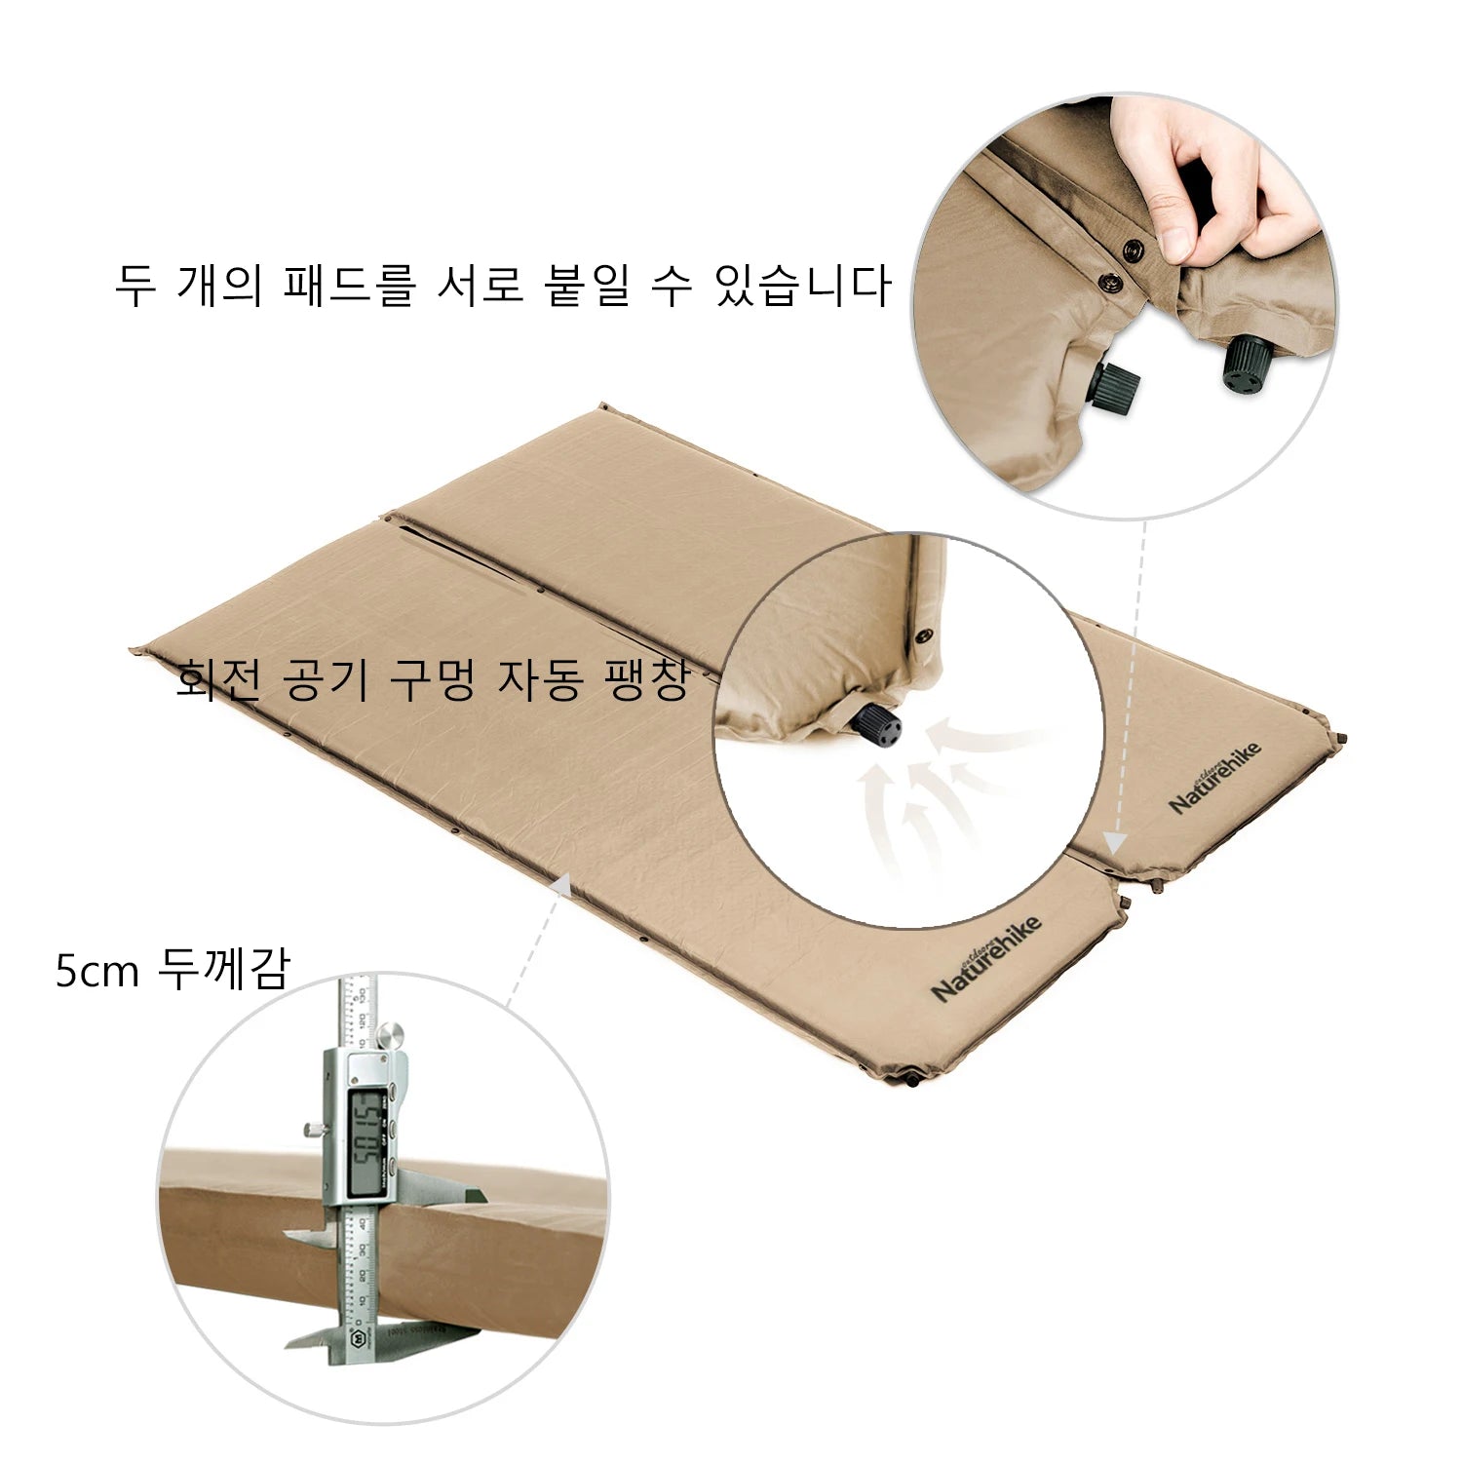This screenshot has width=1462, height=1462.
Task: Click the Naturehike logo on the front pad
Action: tap(986, 958)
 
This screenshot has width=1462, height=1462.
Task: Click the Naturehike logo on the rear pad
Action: tap(1215, 776)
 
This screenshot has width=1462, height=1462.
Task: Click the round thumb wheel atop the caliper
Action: tap(391, 1037)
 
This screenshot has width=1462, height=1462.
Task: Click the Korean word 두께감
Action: tap(226, 970)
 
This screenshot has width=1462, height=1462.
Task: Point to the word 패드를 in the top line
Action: tap(350, 285)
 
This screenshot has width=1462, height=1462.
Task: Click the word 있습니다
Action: tap(804, 285)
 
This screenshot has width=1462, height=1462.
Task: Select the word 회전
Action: tap(219, 679)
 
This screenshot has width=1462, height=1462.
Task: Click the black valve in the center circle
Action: tap(878, 726)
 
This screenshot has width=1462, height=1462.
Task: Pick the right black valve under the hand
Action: tap(1244, 364)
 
